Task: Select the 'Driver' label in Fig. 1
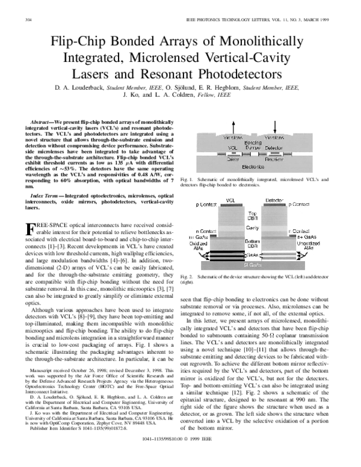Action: [x=232, y=159]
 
